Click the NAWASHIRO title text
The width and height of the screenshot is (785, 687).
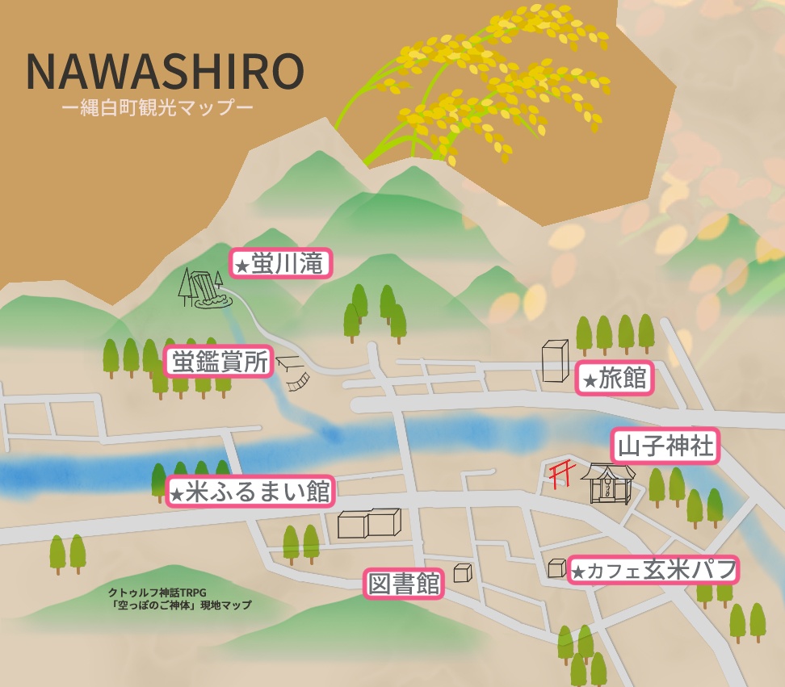pyautogui.click(x=165, y=72)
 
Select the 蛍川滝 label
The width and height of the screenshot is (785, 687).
pyautogui.click(x=282, y=263)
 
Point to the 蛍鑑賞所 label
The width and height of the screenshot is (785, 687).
pyautogui.click(x=219, y=362)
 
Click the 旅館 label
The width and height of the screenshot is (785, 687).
pyautogui.click(x=615, y=378)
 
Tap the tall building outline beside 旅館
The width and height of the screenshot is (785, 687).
pyautogui.click(x=556, y=360)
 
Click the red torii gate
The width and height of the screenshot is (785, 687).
pyautogui.click(x=558, y=475)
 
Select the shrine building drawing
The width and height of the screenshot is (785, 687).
pyautogui.click(x=608, y=484)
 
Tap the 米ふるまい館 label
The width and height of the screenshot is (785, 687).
pyautogui.click(x=250, y=491)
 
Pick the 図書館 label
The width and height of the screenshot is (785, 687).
pyautogui.click(x=404, y=584)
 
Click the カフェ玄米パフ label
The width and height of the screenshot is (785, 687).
pyautogui.click(x=653, y=571)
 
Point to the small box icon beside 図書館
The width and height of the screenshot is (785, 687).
pyautogui.click(x=462, y=572)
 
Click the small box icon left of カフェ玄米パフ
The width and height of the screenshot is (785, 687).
pyautogui.click(x=556, y=568)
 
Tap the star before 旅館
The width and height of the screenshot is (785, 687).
pyautogui.click(x=590, y=380)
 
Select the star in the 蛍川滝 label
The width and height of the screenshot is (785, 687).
pyautogui.click(x=241, y=266)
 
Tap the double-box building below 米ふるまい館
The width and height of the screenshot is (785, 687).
pyautogui.click(x=369, y=523)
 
